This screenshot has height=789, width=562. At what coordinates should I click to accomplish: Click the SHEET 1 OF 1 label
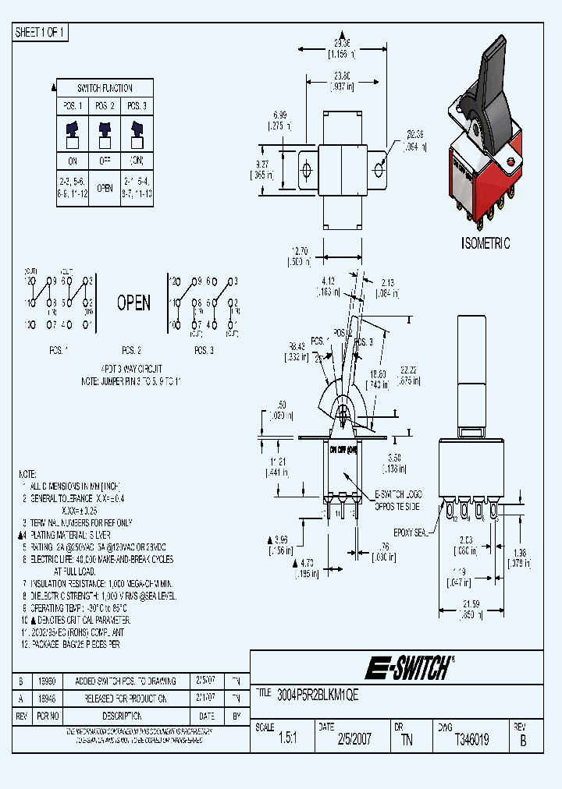(41, 32)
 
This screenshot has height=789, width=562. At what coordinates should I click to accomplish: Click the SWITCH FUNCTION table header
(105, 88)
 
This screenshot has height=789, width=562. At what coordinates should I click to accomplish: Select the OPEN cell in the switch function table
(105, 188)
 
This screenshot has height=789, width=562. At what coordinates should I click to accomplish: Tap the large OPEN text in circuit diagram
(133, 303)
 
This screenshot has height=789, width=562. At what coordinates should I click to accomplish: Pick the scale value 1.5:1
(288, 740)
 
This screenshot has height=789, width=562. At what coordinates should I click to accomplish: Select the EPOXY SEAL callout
(411, 532)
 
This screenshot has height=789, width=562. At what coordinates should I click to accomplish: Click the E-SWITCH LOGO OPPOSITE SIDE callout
(403, 500)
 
